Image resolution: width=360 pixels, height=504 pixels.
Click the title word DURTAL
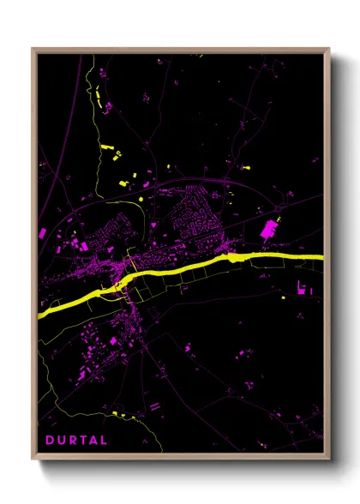pos(76,441)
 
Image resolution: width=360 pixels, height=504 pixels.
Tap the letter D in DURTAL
pos(50,441)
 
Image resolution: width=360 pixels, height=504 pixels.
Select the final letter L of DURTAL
pos(104,441)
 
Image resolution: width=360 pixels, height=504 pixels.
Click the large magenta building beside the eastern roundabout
pos(268,229)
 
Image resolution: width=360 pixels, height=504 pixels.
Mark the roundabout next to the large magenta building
pos(279,208)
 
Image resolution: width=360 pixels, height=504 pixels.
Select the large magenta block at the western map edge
pos(42,232)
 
